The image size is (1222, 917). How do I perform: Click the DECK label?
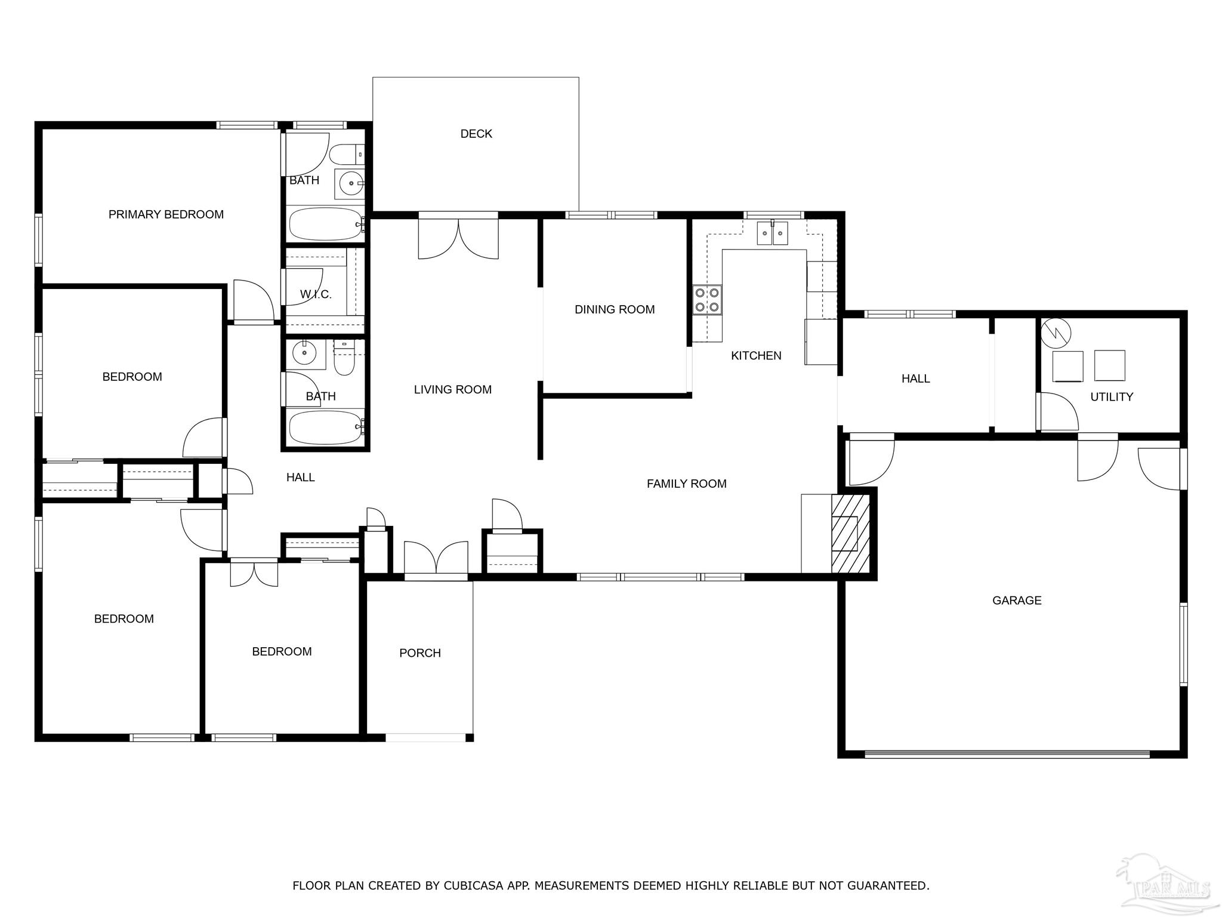tap(476, 134)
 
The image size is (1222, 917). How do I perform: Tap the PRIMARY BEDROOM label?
tap(166, 214)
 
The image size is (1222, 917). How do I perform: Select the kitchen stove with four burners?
tap(707, 300)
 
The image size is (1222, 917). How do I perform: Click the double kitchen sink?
tap(773, 233)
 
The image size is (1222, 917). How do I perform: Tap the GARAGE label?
tap(1017, 601)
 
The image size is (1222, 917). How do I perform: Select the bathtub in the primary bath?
tap(326, 224)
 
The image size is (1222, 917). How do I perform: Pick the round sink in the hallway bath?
tap(304, 353)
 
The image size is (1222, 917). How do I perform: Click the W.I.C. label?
tap(316, 294)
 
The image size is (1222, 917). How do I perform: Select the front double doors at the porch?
tap(436, 559)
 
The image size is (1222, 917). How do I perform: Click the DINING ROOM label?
tap(615, 309)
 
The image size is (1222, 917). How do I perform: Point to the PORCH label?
tap(420, 653)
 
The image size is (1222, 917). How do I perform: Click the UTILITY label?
tap(1112, 397)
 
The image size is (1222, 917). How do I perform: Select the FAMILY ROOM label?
tap(686, 484)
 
